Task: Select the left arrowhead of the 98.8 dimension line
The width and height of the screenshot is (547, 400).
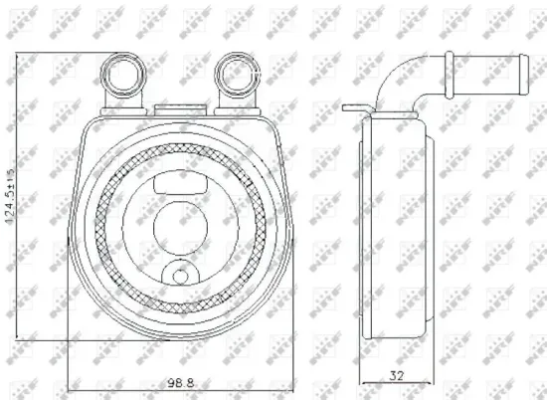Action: pos(71,390)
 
